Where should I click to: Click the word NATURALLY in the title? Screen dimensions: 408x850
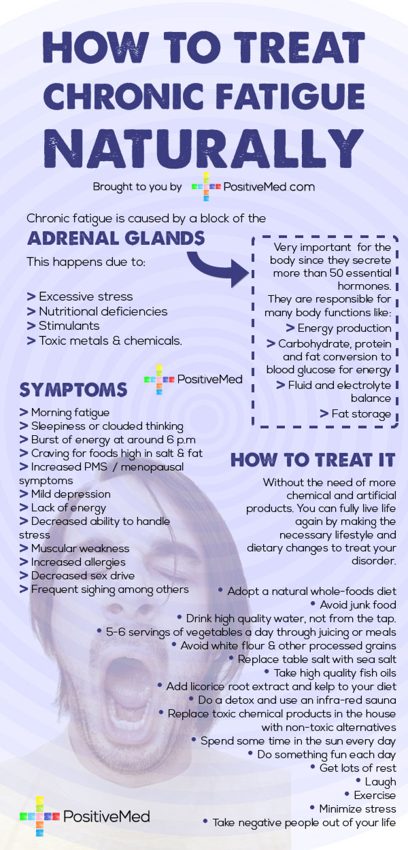click(204, 148)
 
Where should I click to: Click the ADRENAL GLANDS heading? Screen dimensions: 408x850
click(116, 238)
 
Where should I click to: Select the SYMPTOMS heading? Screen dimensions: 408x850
click(73, 390)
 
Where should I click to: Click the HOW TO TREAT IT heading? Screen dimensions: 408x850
click(313, 460)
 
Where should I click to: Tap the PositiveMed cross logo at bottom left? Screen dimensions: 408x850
click(39, 816)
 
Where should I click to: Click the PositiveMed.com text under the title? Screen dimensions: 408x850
click(269, 187)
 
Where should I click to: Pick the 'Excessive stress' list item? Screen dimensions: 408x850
click(80, 296)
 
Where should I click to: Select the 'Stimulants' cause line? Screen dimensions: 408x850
click(63, 326)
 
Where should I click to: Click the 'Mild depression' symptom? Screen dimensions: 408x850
click(65, 494)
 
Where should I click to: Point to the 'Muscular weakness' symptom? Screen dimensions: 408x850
click(74, 548)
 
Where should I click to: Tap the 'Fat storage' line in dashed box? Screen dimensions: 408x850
click(355, 413)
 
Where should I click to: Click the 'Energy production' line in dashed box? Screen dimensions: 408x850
click(339, 328)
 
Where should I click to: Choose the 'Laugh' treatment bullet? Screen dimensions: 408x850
click(376, 781)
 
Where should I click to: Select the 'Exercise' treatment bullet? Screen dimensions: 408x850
click(370, 795)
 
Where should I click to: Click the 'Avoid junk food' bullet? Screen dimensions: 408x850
click(354, 605)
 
